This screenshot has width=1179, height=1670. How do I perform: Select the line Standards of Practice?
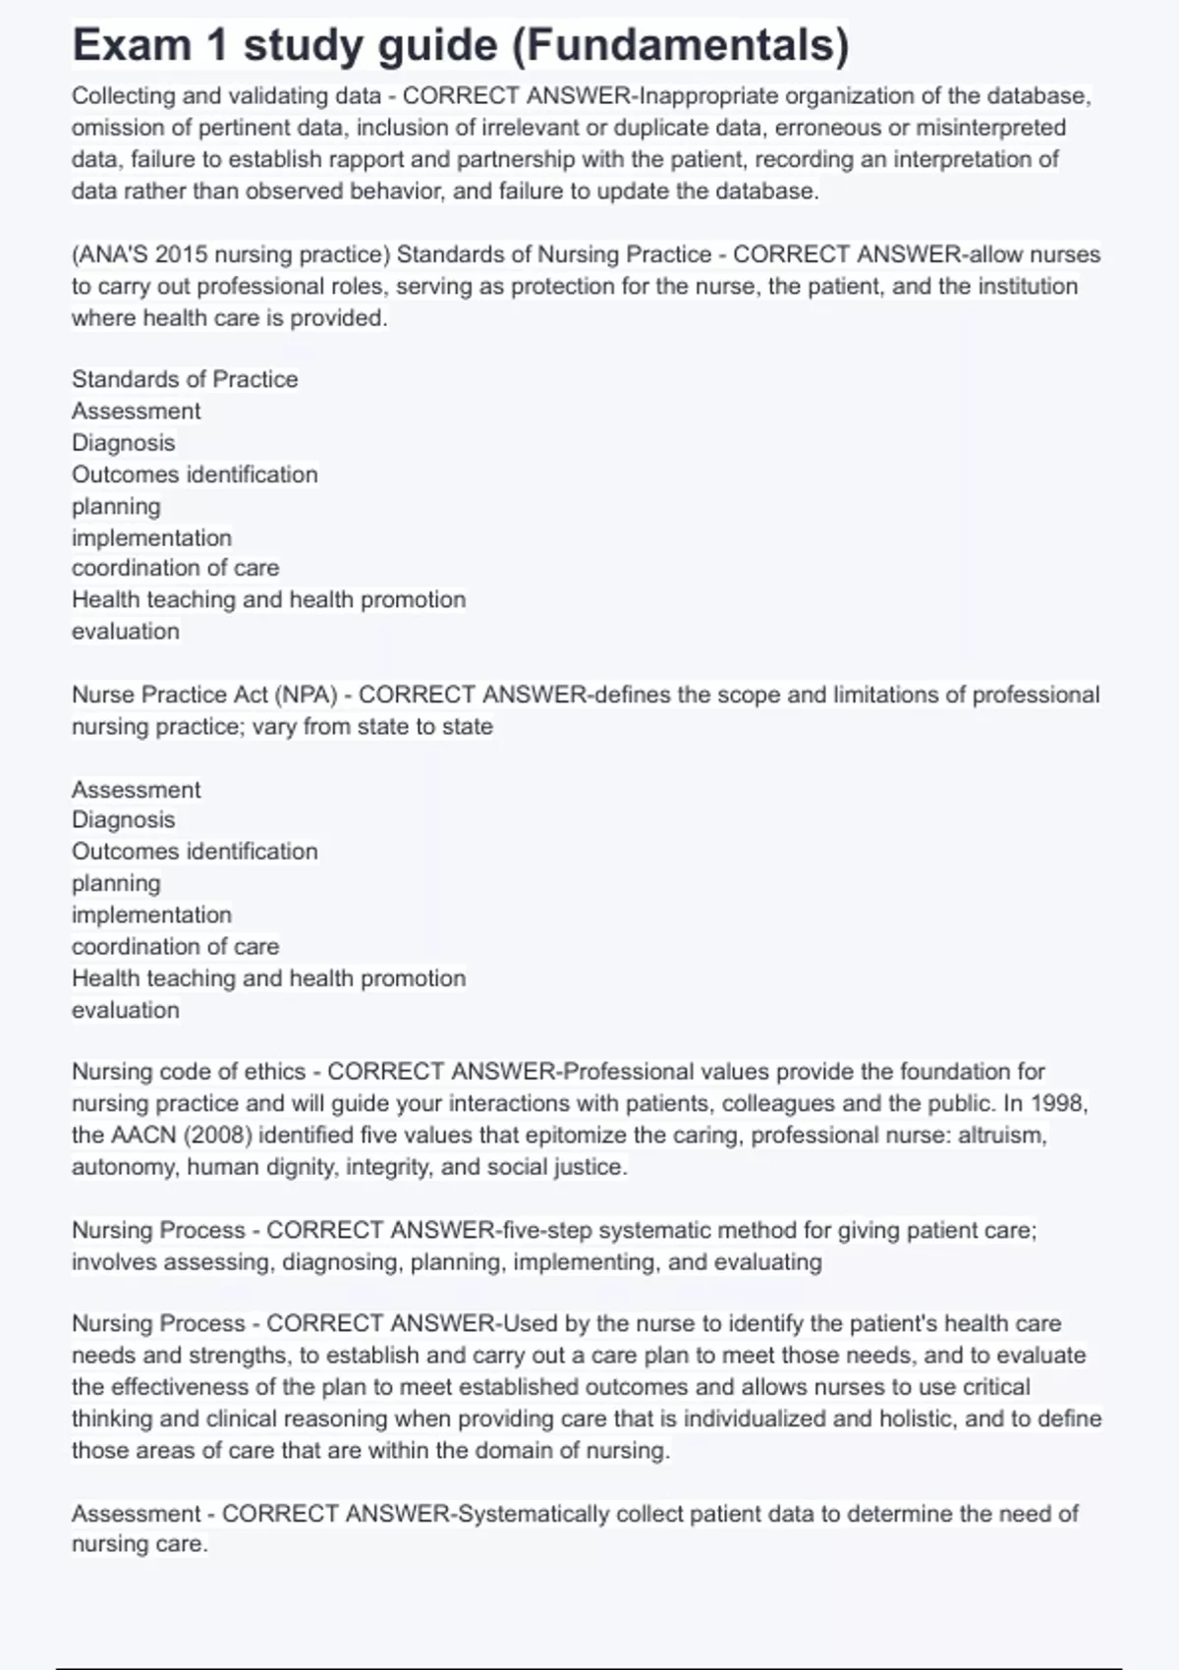185,379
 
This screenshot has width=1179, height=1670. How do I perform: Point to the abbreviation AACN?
143,1136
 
